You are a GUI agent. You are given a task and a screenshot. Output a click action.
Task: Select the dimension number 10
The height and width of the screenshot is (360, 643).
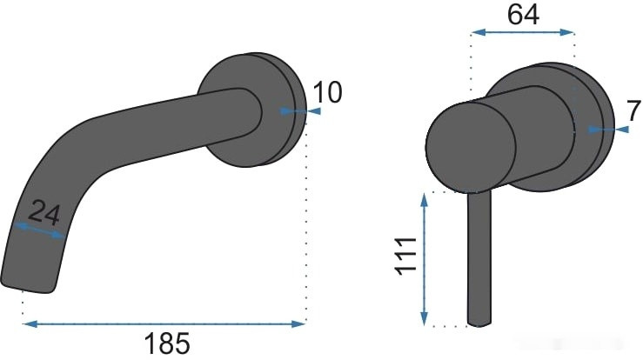pos(327,91)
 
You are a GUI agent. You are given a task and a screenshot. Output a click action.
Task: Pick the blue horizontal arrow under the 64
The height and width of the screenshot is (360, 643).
pos(522,33)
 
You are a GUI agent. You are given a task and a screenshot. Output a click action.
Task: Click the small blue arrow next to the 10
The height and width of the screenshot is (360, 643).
pos(294,111)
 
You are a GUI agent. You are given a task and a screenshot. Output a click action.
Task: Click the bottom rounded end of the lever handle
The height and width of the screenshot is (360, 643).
pos(478,322)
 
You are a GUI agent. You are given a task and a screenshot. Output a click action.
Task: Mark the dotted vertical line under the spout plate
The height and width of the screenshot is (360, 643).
pos(305,226)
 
